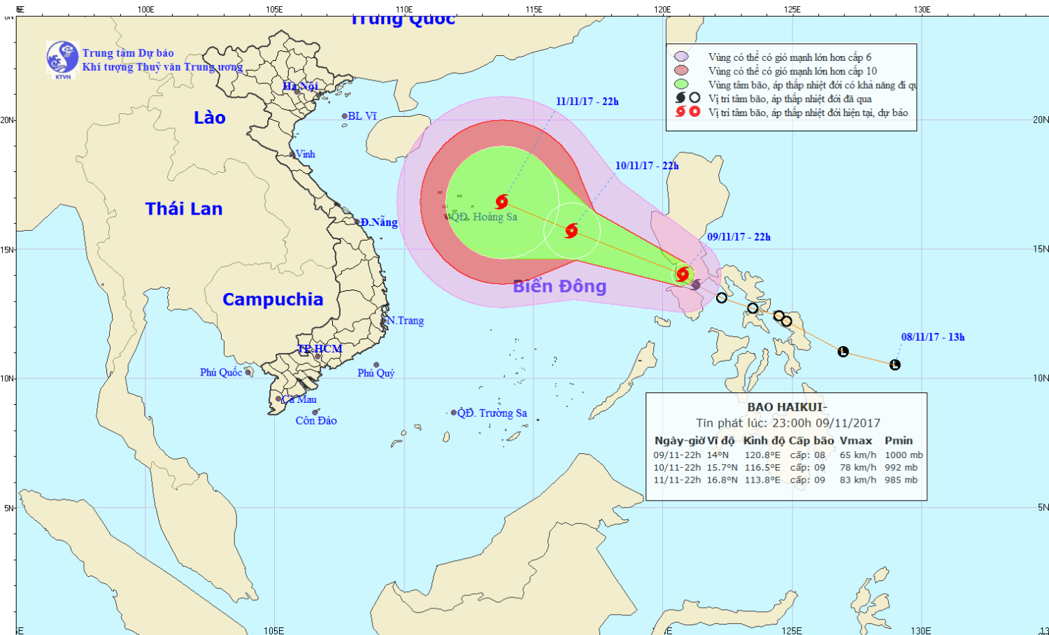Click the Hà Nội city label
pos(300,86)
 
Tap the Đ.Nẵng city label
pos(379,222)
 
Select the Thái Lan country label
pos(184,208)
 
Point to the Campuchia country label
pos(273,299)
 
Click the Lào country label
pos(210,117)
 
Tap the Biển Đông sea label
pos(559,286)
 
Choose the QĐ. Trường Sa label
pos(492,413)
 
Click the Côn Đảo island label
pos(316,421)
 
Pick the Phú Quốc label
pos(221,373)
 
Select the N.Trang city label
pos(406,321)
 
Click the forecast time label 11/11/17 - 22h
pos(587,101)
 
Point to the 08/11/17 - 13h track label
pos(933,337)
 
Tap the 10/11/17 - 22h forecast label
pos(647,166)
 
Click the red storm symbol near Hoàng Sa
pos(501,202)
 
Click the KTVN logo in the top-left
pos(62,59)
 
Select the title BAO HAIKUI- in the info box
pos(787,407)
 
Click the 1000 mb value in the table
pos(904,455)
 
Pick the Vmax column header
pos(856,441)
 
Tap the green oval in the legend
pos(681,85)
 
